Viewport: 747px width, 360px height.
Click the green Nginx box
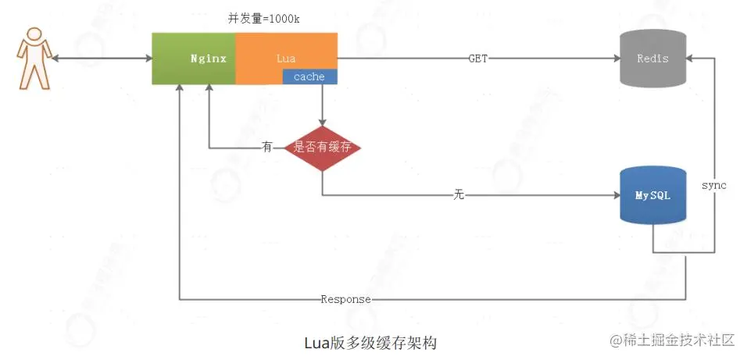(194, 59)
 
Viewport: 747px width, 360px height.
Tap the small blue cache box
(309, 77)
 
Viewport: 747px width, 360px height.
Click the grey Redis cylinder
(652, 59)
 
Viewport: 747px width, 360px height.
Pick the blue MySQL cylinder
(652, 195)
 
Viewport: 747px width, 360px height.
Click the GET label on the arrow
(478, 59)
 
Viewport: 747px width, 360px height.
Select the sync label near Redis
(713, 185)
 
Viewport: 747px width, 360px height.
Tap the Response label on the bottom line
(345, 299)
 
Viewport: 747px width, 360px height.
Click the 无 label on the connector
(459, 194)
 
